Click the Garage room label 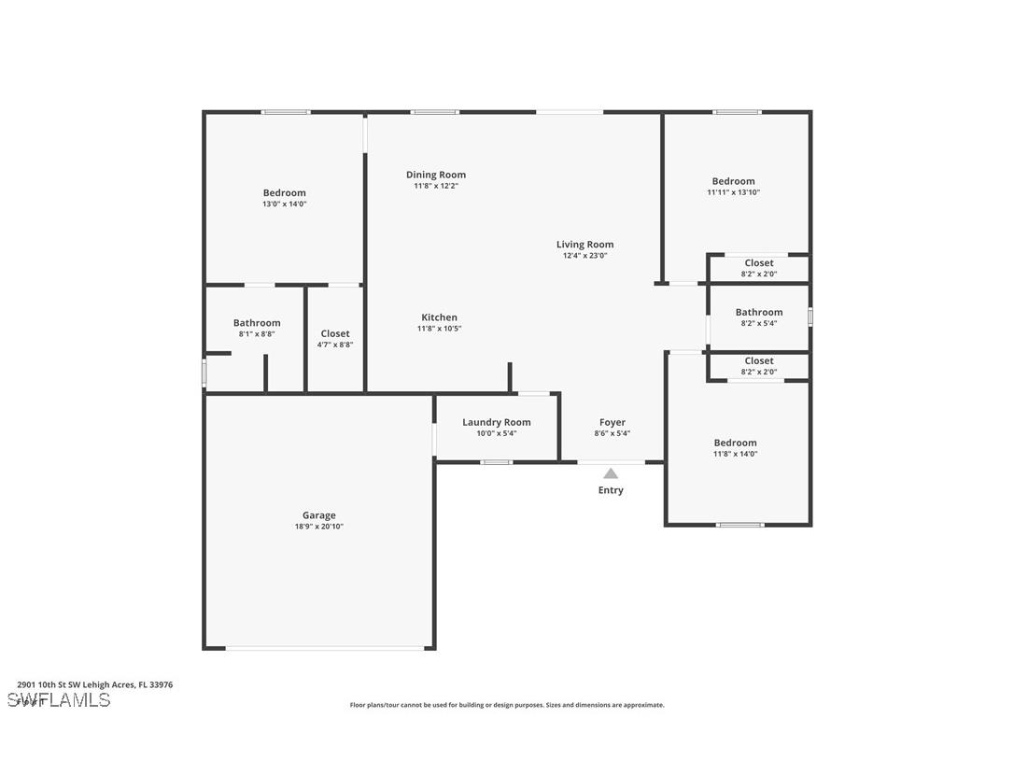pyautogui.click(x=318, y=515)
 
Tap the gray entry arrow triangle pyautogui.click(x=611, y=473)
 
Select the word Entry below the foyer pyautogui.click(x=611, y=490)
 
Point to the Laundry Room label pyautogui.click(x=497, y=422)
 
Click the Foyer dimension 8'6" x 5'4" pyautogui.click(x=613, y=433)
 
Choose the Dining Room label pyautogui.click(x=436, y=175)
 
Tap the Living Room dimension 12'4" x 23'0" pyautogui.click(x=585, y=256)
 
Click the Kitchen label pyautogui.click(x=439, y=317)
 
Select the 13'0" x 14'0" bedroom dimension pyautogui.click(x=285, y=204)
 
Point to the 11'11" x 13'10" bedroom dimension pyautogui.click(x=733, y=192)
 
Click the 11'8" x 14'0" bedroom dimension pyautogui.click(x=736, y=454)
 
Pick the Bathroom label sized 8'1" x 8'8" pyautogui.click(x=257, y=323)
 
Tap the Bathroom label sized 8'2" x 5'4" pyautogui.click(x=759, y=313)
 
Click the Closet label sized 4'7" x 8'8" pyautogui.click(x=335, y=333)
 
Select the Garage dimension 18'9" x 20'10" pyautogui.click(x=318, y=527)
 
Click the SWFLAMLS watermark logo pyautogui.click(x=59, y=700)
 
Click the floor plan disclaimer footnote pyautogui.click(x=507, y=705)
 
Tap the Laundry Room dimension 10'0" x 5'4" pyautogui.click(x=497, y=433)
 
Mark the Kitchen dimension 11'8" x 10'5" pyautogui.click(x=439, y=329)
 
